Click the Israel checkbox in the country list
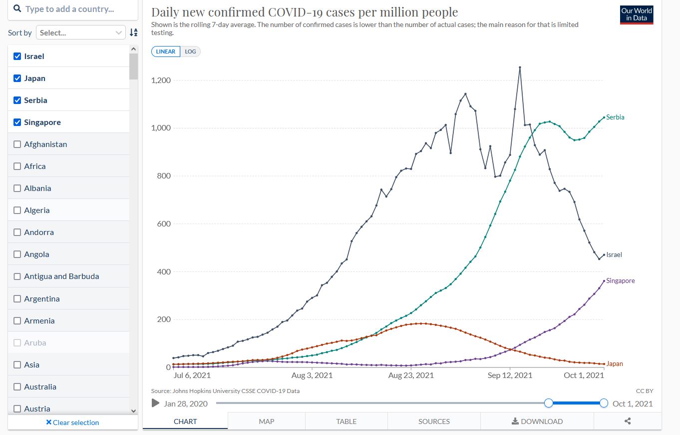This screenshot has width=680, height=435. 17,56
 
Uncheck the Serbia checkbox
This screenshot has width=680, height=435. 17,100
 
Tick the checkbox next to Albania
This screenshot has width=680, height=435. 17,188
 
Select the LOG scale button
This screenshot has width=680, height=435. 190,51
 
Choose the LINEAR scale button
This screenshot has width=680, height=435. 166,51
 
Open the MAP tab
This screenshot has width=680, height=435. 267,421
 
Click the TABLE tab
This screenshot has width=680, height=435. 346,421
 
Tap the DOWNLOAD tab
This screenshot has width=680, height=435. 537,421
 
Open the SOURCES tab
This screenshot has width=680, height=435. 434,421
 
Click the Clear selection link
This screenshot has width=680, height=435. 72,422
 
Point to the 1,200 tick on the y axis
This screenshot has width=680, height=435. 161,80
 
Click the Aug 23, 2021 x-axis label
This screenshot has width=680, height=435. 411,375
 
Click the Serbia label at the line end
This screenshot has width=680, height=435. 615,117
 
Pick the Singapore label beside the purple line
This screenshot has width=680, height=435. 620,281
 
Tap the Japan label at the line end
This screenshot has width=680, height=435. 615,364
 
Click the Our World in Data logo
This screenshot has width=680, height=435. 637,14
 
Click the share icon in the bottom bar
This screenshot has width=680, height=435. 628,421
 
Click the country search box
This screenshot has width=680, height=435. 72,9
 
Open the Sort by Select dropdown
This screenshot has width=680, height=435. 80,32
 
